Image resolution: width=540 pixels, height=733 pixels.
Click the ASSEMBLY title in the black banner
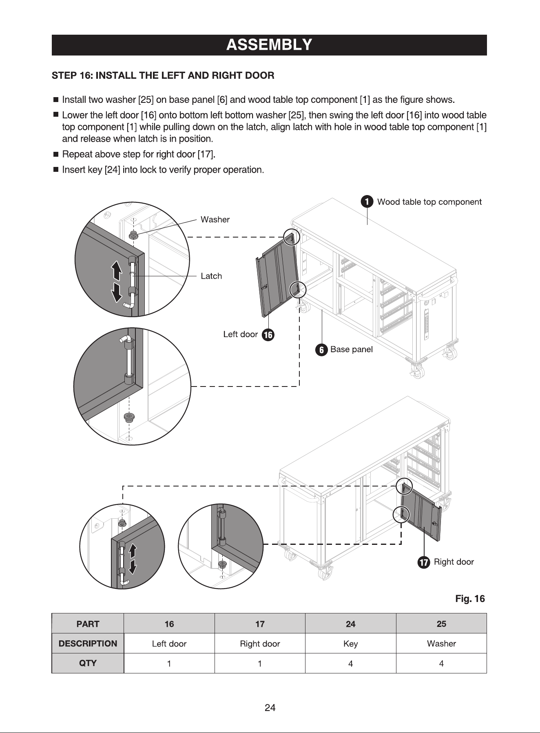[x=269, y=44]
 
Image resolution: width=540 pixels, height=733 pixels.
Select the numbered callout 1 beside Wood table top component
[x=367, y=202]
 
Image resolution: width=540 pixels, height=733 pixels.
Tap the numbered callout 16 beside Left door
[x=268, y=335]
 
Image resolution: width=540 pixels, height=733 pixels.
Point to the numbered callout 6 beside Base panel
[x=321, y=350]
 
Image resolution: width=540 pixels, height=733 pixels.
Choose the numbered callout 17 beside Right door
[x=424, y=562]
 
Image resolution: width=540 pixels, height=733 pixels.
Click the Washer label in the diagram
[x=215, y=220]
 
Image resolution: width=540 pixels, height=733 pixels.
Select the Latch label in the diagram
[x=211, y=276]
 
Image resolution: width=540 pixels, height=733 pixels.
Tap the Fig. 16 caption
[x=470, y=599]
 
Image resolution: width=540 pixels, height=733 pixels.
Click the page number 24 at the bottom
[x=270, y=708]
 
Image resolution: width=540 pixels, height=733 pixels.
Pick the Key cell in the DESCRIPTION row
[x=350, y=644]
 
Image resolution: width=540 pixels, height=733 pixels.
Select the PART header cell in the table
[x=88, y=624]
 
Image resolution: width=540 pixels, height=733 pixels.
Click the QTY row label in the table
[x=88, y=663]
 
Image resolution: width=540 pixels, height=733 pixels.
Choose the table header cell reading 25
[x=441, y=624]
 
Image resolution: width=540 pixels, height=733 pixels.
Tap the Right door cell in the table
[x=260, y=644]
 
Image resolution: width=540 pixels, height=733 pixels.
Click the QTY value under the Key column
[x=350, y=664]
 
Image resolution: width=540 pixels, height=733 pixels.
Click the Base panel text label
[x=352, y=349]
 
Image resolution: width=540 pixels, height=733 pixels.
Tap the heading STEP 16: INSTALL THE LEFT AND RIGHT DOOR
[x=163, y=76]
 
